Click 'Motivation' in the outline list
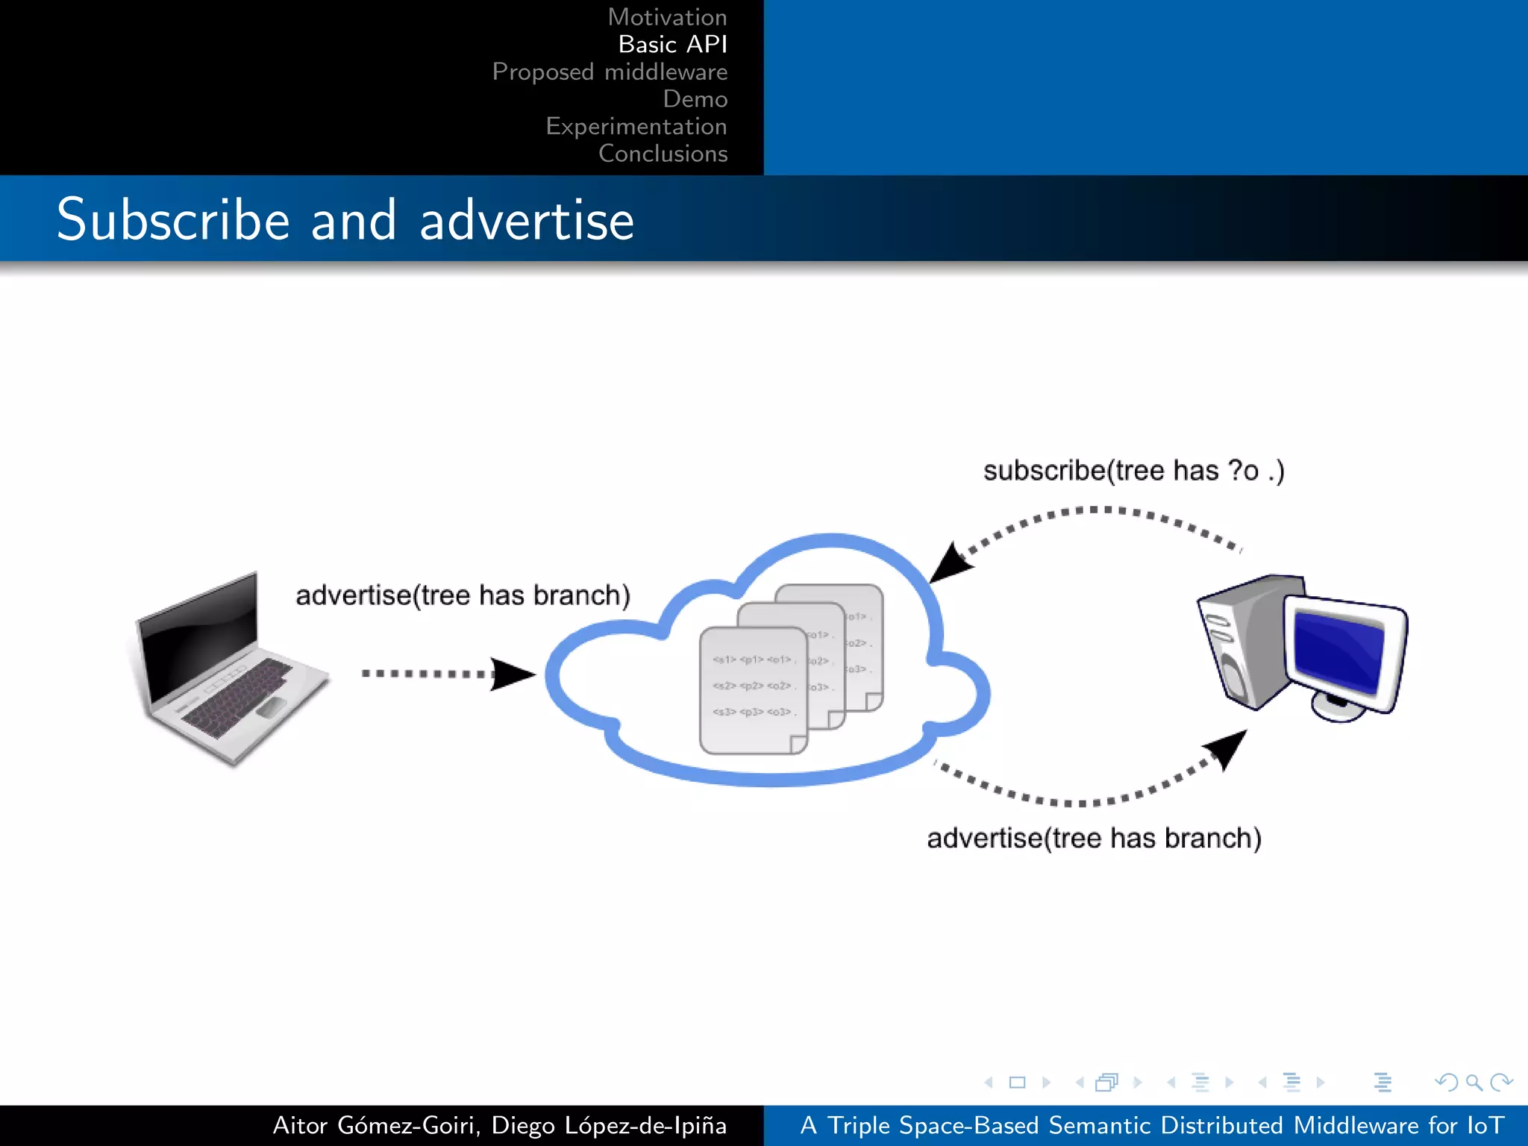(667, 17)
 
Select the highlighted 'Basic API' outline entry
(672, 45)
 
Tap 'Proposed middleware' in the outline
(610, 72)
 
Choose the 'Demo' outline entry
(695, 99)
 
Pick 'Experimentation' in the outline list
(636, 126)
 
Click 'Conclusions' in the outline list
(663, 154)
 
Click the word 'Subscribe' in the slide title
(173, 220)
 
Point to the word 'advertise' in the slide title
(527, 222)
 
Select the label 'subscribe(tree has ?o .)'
(1133, 471)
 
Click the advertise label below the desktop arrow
(1094, 839)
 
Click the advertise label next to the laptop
(463, 595)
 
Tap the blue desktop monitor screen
(1339, 648)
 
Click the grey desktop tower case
(1239, 642)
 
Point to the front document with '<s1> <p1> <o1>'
(752, 690)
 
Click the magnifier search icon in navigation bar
(1474, 1082)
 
